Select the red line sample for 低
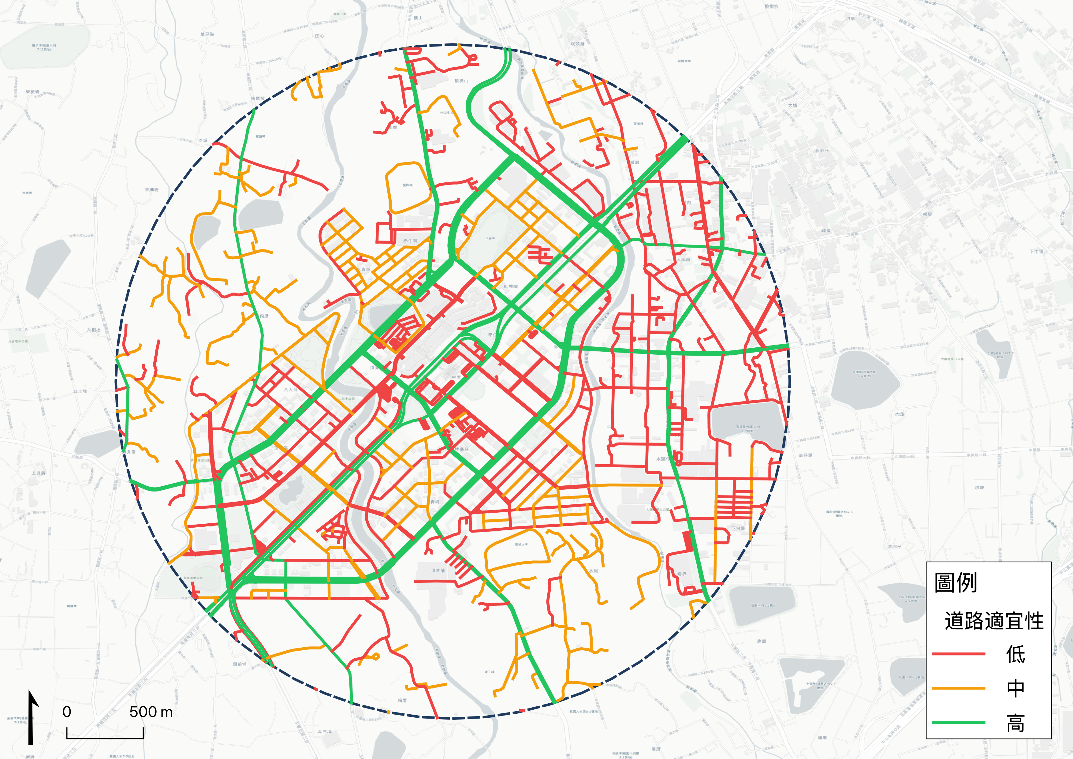(x=959, y=654)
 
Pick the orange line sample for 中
(x=959, y=688)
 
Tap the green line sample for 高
(x=959, y=723)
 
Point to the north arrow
(x=31, y=717)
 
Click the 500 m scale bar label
(x=151, y=712)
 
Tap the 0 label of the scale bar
(x=67, y=712)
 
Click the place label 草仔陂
(x=207, y=34)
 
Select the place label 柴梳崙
(x=33, y=92)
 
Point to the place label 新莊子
(x=822, y=151)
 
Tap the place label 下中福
(x=1036, y=252)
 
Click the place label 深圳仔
(x=894, y=546)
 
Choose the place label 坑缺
(x=980, y=488)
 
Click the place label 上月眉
(x=38, y=473)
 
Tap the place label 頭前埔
(x=239, y=664)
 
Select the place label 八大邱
(x=290, y=389)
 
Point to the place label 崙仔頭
(x=806, y=455)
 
